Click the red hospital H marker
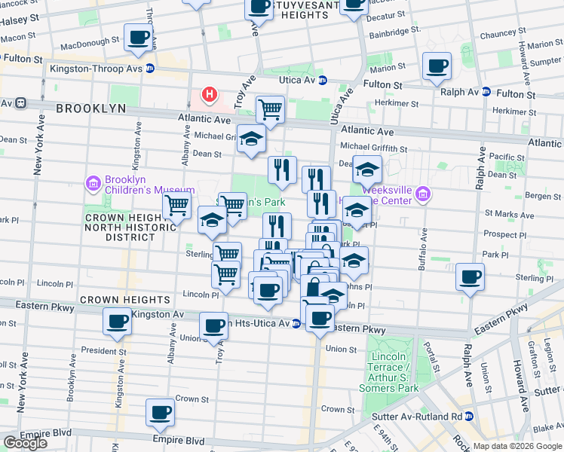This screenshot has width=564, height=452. (x=210, y=95)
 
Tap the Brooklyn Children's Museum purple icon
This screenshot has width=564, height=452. (x=93, y=182)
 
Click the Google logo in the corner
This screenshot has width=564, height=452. (x=25, y=442)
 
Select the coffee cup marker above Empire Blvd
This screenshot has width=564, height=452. (x=160, y=412)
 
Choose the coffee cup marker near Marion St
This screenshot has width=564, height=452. (x=436, y=66)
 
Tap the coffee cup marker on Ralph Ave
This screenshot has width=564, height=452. (x=471, y=278)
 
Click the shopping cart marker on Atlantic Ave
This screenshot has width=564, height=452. (x=269, y=111)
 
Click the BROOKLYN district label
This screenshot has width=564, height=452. (x=90, y=108)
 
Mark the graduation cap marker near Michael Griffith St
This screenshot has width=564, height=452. (x=251, y=139)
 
